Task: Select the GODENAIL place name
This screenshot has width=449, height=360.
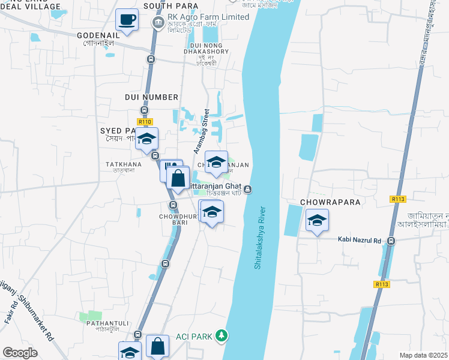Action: coord(98,35)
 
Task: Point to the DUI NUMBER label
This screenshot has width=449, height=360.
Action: coord(151,97)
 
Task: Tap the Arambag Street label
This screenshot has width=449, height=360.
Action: coord(200,131)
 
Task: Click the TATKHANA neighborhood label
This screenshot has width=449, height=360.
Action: coord(123,164)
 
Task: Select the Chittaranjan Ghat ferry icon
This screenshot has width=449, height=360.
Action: coord(247,190)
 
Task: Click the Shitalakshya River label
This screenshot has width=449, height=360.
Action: coord(259,238)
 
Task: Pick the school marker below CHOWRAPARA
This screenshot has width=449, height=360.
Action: coord(317,221)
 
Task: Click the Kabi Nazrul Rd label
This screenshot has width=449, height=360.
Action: coord(361,241)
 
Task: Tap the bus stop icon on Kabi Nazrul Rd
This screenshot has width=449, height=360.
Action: coord(391,241)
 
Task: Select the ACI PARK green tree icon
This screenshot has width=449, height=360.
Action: coord(222,335)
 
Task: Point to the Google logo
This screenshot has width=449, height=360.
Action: coord(20,353)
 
